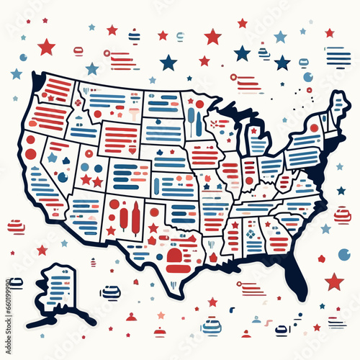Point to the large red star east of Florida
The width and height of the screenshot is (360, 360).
point(333,281)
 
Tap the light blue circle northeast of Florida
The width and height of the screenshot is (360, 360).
point(344,254)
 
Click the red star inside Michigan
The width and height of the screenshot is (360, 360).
point(254,130)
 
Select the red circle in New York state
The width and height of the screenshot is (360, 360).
point(314,127)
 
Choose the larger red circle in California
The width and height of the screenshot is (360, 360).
point(30,153)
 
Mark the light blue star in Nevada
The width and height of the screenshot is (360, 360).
point(52,157)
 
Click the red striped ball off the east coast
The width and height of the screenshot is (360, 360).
point(341,214)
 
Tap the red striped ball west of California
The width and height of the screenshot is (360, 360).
point(16,228)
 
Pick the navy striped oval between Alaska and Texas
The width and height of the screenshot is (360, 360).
point(111,292)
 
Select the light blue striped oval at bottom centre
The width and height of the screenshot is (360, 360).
point(211,328)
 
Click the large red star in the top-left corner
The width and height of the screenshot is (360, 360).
point(47,48)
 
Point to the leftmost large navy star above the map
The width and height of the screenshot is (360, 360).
point(168,63)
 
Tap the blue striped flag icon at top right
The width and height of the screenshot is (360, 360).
point(338,56)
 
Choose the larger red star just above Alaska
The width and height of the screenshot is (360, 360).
point(42,250)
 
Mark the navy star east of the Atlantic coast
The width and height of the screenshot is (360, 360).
point(341,191)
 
